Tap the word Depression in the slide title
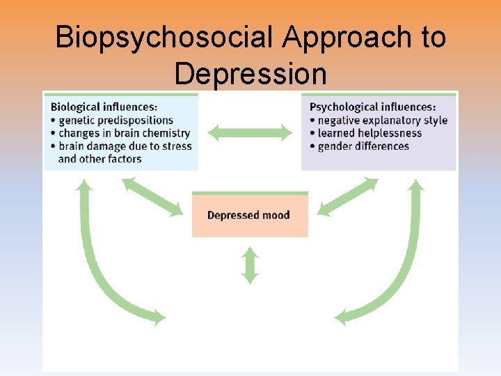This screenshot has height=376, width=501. (x=250, y=72)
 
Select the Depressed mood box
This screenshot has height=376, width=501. (x=250, y=215)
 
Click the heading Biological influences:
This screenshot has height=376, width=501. (x=104, y=107)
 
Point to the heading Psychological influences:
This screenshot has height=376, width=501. (x=372, y=107)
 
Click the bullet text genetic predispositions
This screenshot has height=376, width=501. (x=116, y=120)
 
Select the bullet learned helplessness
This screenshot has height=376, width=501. (x=369, y=133)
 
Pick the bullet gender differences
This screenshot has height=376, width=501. (x=363, y=146)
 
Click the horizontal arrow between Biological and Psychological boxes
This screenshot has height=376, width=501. (x=250, y=132)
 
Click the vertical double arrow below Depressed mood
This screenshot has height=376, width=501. (x=250, y=265)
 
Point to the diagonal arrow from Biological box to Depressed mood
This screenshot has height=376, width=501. (x=153, y=196)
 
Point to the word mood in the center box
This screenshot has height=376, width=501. (x=276, y=215)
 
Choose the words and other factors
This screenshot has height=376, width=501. (x=100, y=159)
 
